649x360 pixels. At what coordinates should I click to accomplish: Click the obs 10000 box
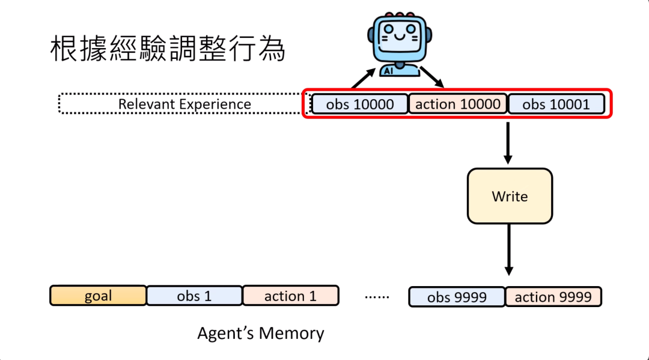(359, 104)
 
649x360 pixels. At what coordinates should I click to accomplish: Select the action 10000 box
(458, 104)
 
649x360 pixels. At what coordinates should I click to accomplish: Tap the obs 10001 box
(556, 104)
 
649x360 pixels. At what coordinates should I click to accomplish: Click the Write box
(510, 196)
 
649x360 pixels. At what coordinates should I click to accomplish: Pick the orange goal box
(98, 296)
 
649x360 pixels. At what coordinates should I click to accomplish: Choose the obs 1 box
(194, 296)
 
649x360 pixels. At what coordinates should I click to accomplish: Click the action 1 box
(290, 296)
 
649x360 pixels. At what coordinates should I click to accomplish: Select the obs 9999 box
(457, 297)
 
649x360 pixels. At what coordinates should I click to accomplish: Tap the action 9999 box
(553, 297)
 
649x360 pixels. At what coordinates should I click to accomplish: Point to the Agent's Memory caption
(260, 333)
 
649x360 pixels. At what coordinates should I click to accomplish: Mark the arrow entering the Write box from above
(508, 143)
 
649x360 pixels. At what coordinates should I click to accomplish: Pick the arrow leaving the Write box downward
(508, 250)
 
